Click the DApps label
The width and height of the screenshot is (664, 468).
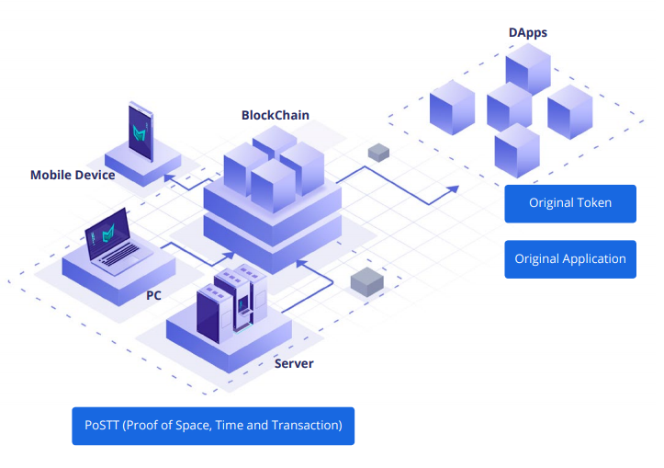(x=527, y=33)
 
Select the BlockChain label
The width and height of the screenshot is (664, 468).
(x=275, y=115)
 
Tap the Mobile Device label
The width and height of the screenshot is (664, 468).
(x=73, y=175)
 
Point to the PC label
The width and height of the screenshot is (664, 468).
(x=154, y=296)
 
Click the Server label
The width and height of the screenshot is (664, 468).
(x=294, y=363)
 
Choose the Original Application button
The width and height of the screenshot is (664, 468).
(x=569, y=259)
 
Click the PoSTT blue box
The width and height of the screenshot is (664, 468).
(x=213, y=426)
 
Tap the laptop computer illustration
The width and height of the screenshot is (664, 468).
(x=110, y=246)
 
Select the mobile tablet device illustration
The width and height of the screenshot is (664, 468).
(x=141, y=133)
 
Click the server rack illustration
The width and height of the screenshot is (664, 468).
(x=230, y=303)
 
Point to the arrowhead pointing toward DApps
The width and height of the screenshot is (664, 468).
(x=453, y=188)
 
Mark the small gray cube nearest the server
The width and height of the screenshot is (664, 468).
(x=366, y=282)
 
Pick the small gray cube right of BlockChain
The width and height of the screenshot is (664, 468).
(x=378, y=152)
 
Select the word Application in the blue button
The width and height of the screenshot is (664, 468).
(x=591, y=259)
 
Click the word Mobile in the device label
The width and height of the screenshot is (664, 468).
(x=51, y=175)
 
